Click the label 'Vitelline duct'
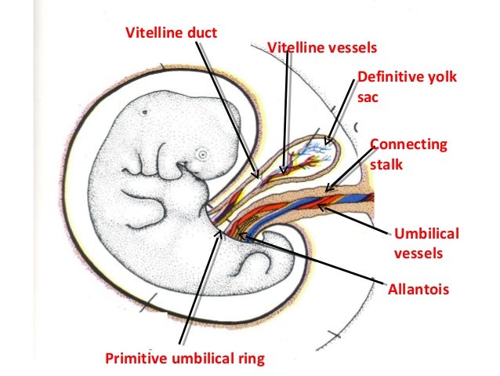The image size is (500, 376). coord(172,32)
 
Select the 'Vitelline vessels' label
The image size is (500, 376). coord(322,48)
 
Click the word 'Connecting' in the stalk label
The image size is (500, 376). coord(408,145)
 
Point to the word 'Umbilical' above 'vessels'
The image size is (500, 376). coord(426,235)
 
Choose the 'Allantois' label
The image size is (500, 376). coord(418,290)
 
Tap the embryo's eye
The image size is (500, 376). coord(203,154)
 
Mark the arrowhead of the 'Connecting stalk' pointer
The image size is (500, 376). coord(327,191)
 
